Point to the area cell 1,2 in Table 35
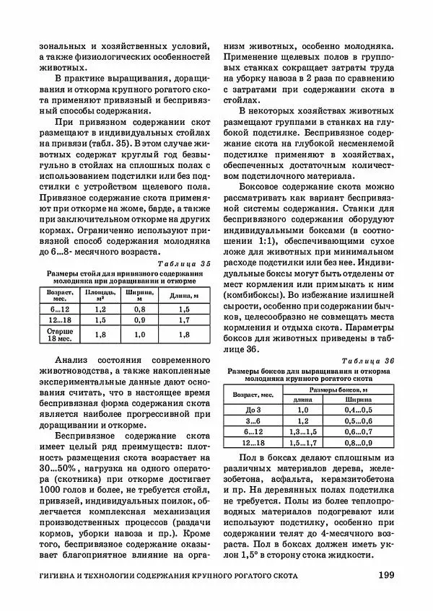[x=101, y=307]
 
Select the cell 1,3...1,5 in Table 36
[x=302, y=431]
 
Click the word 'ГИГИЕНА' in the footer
[x=64, y=576]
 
